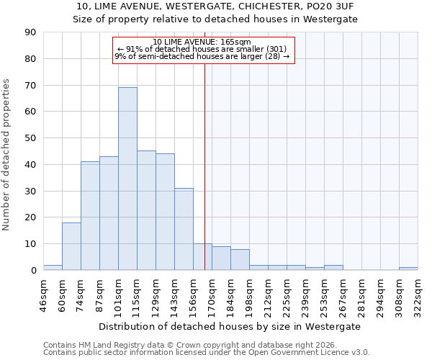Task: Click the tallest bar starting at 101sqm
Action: click(127, 179)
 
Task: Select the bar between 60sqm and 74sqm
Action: click(71, 246)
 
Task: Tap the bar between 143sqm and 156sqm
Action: click(184, 229)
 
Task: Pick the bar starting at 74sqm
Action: click(90, 216)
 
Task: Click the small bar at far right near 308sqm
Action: click(408, 269)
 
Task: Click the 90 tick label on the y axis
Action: click(30, 32)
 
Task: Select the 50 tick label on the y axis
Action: click(30, 138)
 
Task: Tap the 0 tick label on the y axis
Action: click(33, 270)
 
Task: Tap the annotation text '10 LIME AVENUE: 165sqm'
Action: click(202, 42)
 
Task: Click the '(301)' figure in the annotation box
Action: click(277, 49)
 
